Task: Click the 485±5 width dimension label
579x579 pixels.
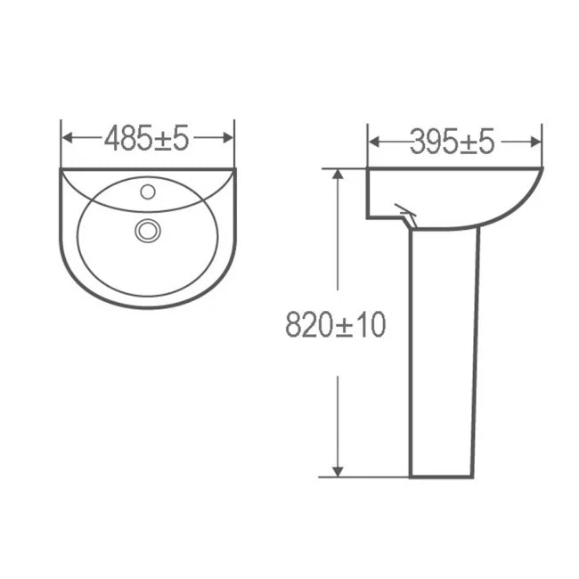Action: pos(147,138)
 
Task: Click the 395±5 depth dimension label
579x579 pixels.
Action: pos(453,141)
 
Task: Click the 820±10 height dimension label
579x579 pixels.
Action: pos(336,325)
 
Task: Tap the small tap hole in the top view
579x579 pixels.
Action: pos(148,191)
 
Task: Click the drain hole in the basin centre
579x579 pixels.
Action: pos(147,231)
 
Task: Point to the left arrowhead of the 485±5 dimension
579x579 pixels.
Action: pos(66,138)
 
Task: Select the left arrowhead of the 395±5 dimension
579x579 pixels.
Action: pos(373,141)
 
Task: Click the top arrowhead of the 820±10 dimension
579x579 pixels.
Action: pos(338,174)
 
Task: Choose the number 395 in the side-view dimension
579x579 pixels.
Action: pos(429,141)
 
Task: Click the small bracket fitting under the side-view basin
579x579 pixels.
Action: pos(405,214)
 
